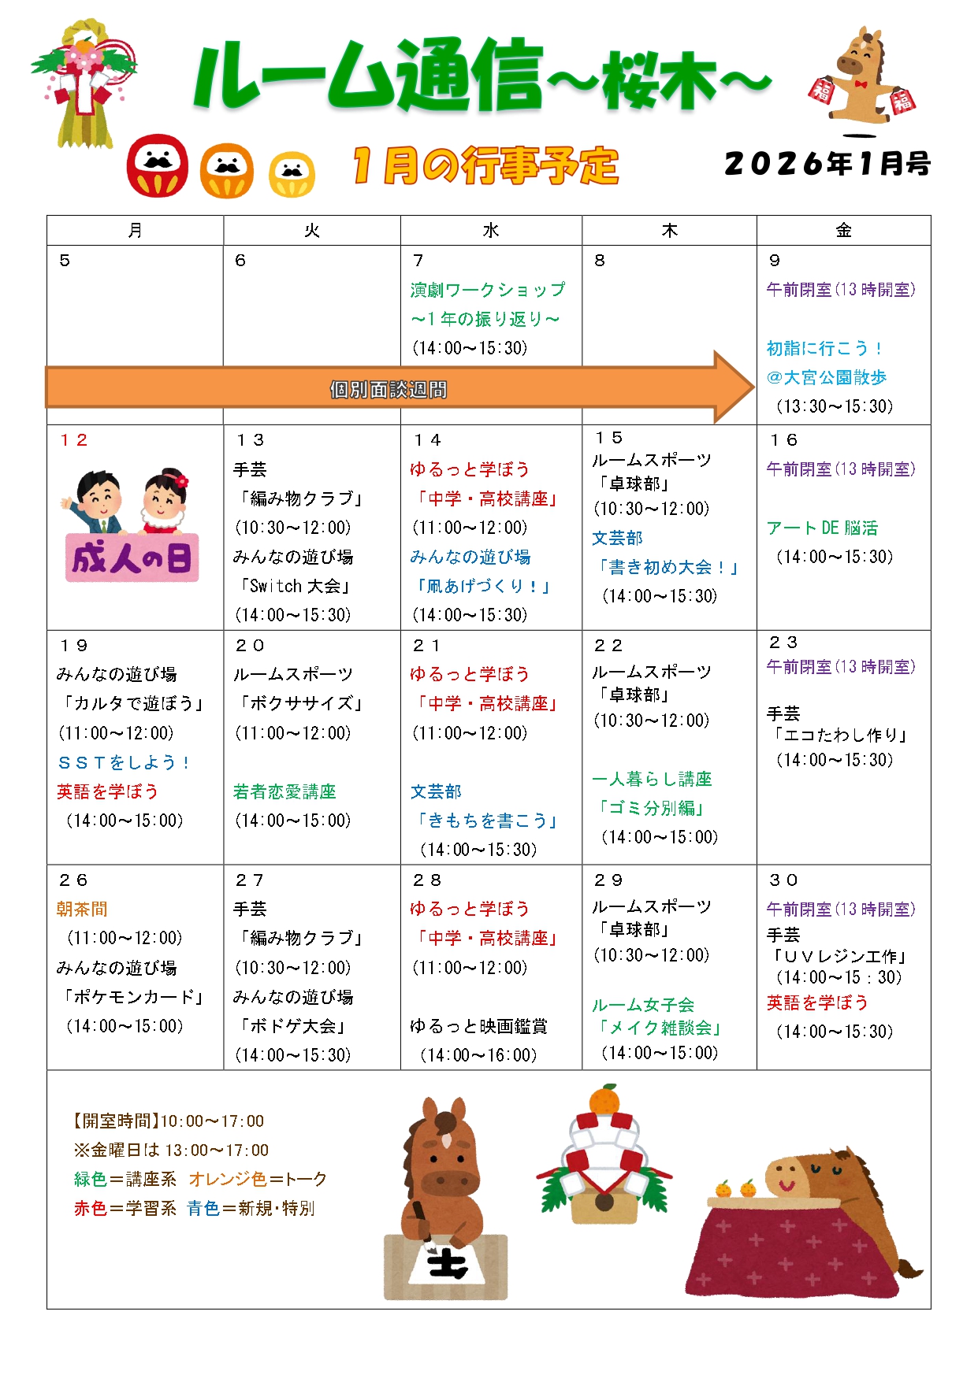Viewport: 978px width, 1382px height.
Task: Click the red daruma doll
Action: click(x=158, y=165)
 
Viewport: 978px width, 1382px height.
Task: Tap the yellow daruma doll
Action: click(x=292, y=174)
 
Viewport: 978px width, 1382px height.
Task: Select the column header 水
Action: click(x=490, y=231)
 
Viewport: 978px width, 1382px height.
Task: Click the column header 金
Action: click(x=843, y=231)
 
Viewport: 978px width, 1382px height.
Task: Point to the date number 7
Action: click(x=418, y=261)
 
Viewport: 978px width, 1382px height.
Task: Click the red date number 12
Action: click(x=73, y=440)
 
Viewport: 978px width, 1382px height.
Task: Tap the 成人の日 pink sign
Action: click(x=132, y=558)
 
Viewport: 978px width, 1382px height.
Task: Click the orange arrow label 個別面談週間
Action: click(x=388, y=390)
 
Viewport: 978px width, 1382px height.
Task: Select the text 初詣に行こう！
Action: click(x=824, y=348)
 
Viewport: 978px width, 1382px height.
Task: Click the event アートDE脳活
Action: click(x=822, y=528)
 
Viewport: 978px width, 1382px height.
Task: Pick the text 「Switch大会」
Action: click(x=293, y=586)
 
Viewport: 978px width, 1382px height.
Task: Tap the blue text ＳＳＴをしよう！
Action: click(x=124, y=762)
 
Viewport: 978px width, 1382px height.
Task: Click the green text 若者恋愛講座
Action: click(x=284, y=791)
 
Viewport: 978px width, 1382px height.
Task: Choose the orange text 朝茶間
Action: click(x=82, y=909)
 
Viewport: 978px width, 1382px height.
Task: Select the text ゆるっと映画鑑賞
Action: click(x=478, y=1026)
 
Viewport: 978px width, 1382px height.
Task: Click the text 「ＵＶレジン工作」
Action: click(x=839, y=956)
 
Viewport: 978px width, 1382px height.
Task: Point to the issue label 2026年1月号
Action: click(x=827, y=164)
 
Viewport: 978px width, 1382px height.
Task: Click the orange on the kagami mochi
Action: click(x=604, y=1100)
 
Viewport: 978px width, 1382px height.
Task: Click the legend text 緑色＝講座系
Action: click(x=125, y=1179)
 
